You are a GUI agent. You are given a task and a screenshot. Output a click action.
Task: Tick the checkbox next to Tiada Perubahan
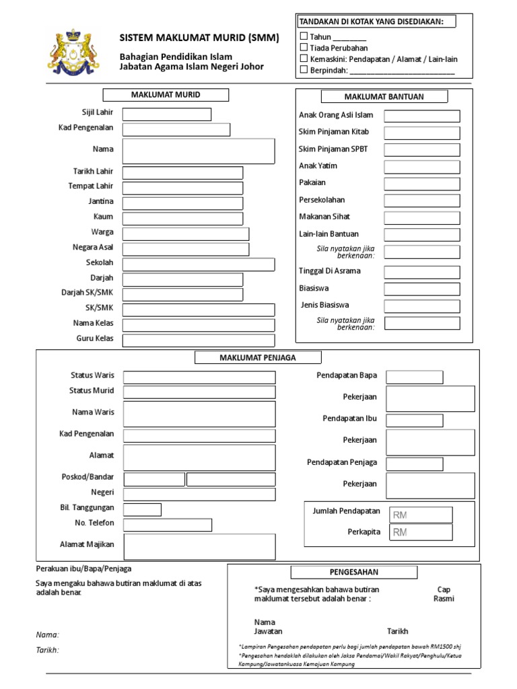click(x=304, y=47)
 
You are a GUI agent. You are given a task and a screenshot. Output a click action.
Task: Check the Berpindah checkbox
click(x=304, y=69)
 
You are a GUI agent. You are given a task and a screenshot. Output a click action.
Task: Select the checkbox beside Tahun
click(x=304, y=36)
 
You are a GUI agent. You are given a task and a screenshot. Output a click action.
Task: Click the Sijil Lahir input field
click(x=166, y=114)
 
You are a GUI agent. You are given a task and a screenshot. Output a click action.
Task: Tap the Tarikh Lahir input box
click(x=182, y=173)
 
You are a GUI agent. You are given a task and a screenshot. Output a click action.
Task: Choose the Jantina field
click(x=182, y=203)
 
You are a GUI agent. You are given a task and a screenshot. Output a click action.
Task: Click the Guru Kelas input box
click(x=199, y=340)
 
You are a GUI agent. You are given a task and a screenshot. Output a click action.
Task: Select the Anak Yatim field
click(x=422, y=167)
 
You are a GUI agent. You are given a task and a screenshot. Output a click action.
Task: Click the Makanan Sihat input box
click(x=422, y=217)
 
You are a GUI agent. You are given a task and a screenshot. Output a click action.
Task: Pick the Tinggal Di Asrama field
click(x=422, y=272)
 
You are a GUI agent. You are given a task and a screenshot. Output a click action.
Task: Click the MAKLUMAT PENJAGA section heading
click(x=258, y=357)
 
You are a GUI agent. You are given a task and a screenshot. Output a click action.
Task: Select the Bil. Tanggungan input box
click(x=142, y=509)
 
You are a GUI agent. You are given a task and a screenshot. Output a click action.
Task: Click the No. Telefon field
click(x=168, y=525)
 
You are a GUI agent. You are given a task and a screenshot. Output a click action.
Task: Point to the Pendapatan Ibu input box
click(x=414, y=421)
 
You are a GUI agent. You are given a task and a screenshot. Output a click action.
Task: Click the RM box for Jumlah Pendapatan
click(x=421, y=515)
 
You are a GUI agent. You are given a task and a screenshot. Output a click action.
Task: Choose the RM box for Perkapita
click(x=421, y=532)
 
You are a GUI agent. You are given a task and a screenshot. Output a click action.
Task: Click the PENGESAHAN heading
click(x=353, y=572)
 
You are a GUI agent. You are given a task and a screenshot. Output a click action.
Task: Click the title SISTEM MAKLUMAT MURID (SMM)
click(x=199, y=38)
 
